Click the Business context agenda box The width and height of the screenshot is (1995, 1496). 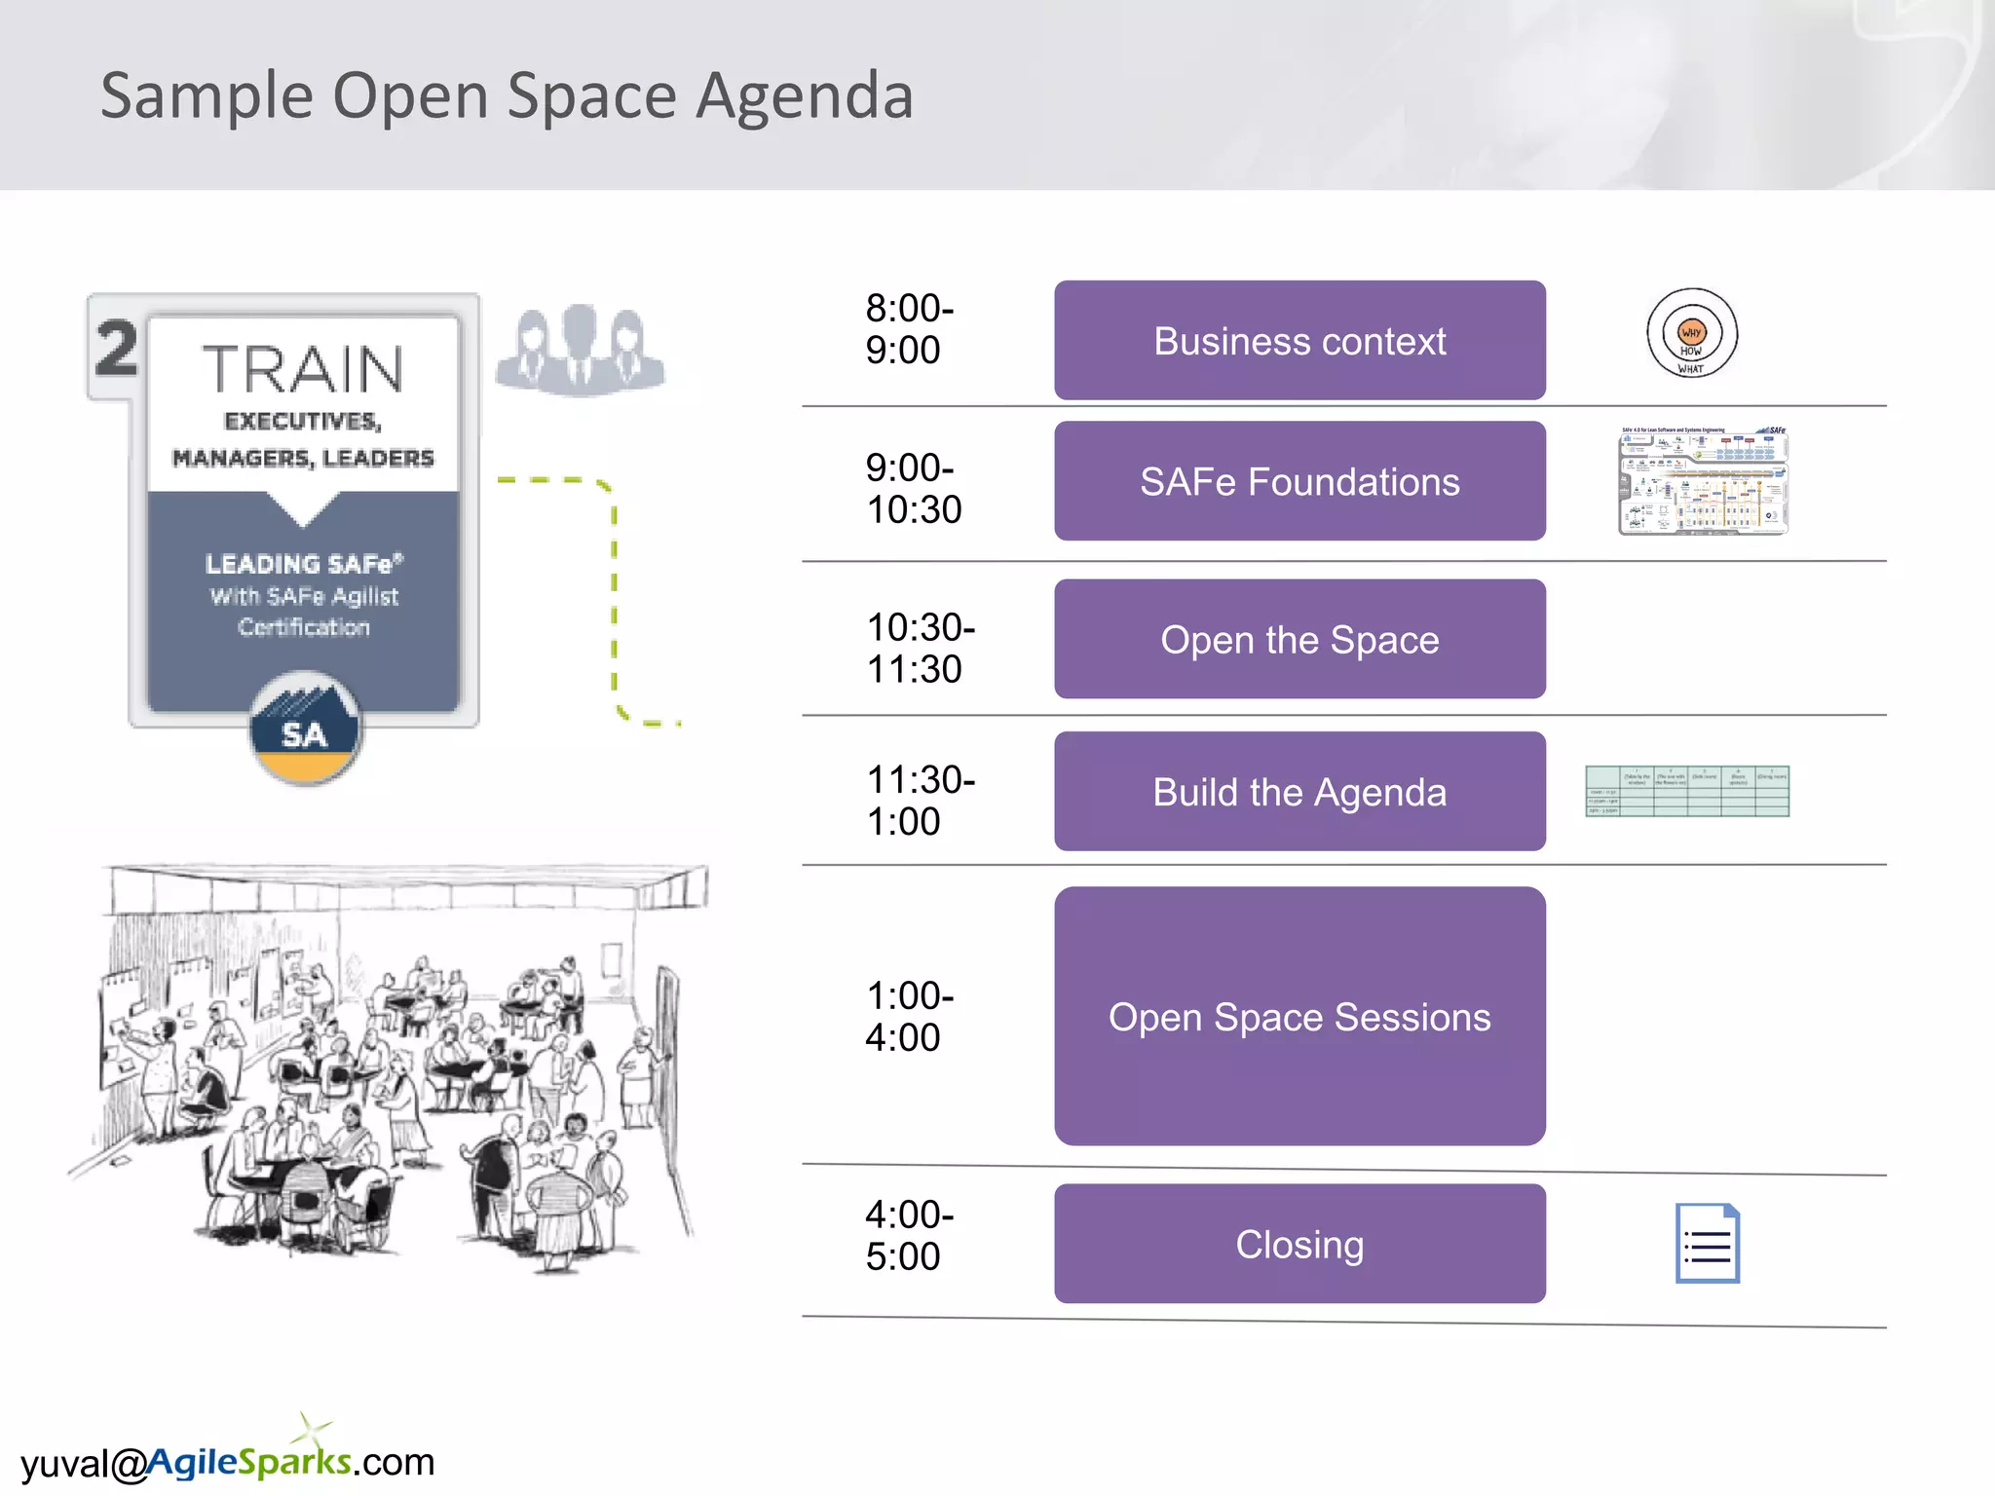(x=1299, y=341)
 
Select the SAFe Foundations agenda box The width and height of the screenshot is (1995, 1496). (x=1299, y=481)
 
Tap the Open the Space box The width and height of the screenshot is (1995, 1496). (x=1299, y=640)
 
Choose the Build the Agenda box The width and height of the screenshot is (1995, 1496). (x=1299, y=792)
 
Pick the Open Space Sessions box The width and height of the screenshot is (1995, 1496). (x=1299, y=1016)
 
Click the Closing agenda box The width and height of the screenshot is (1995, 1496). (x=1299, y=1244)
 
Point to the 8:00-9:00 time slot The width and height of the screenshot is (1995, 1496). (x=909, y=329)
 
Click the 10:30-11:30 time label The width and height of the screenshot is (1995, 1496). (x=920, y=649)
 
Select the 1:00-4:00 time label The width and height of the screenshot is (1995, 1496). (x=909, y=1017)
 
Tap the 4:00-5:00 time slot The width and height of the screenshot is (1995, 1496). (x=909, y=1236)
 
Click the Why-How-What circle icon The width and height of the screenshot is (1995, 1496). (x=1692, y=334)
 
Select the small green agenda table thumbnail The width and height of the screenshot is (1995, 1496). (x=1687, y=791)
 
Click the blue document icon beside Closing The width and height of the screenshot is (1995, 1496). (x=1708, y=1244)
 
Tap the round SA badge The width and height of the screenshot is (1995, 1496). (x=305, y=729)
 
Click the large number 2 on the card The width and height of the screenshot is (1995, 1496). (x=117, y=349)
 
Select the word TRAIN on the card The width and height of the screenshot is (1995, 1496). (x=303, y=370)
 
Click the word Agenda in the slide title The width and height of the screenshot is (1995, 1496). (x=804, y=96)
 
